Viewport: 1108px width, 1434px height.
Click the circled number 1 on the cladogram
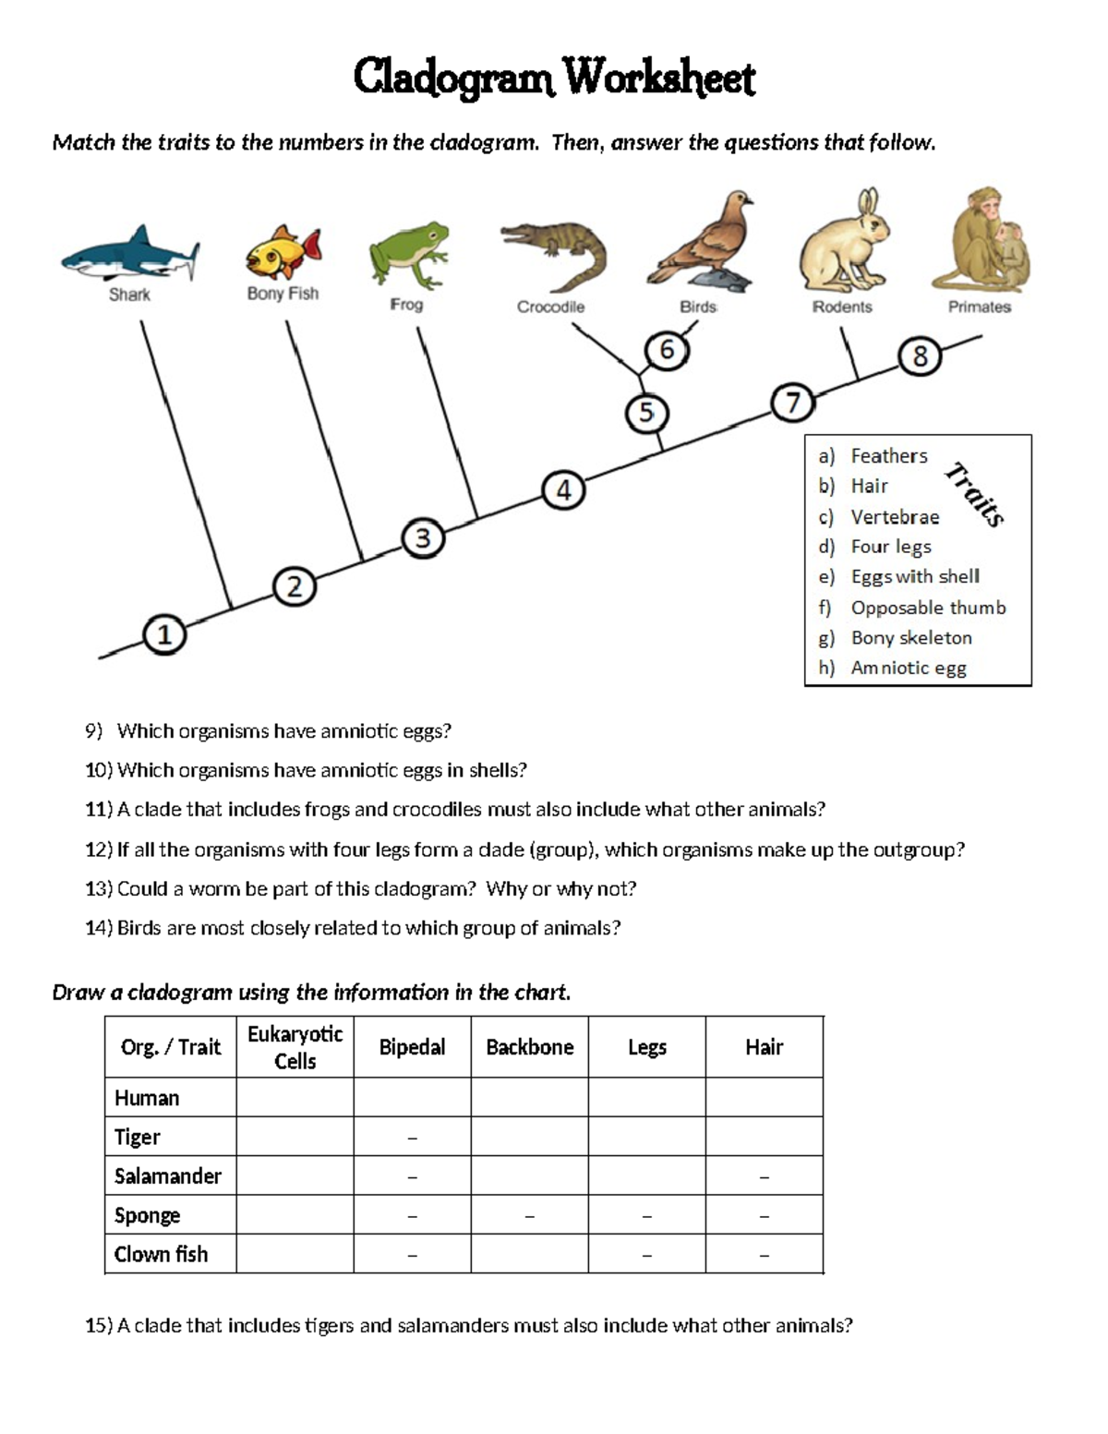pos(164,635)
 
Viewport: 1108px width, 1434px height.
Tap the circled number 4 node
pos(563,490)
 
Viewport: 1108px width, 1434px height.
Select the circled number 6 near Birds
pos(666,351)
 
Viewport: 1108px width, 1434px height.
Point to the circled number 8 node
pos(920,356)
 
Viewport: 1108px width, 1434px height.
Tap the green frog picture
pos(409,253)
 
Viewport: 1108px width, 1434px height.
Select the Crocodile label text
pos(550,307)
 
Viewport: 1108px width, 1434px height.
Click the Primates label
pos(979,307)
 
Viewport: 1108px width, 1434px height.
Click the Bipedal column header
pos(412,1047)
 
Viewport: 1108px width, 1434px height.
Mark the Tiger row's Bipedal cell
pos(412,1137)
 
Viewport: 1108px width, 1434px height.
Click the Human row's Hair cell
pos(764,1097)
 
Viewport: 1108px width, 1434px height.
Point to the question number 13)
pos(99,889)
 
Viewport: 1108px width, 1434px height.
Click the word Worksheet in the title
pos(660,78)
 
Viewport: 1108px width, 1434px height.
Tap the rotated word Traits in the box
pos(974,494)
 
